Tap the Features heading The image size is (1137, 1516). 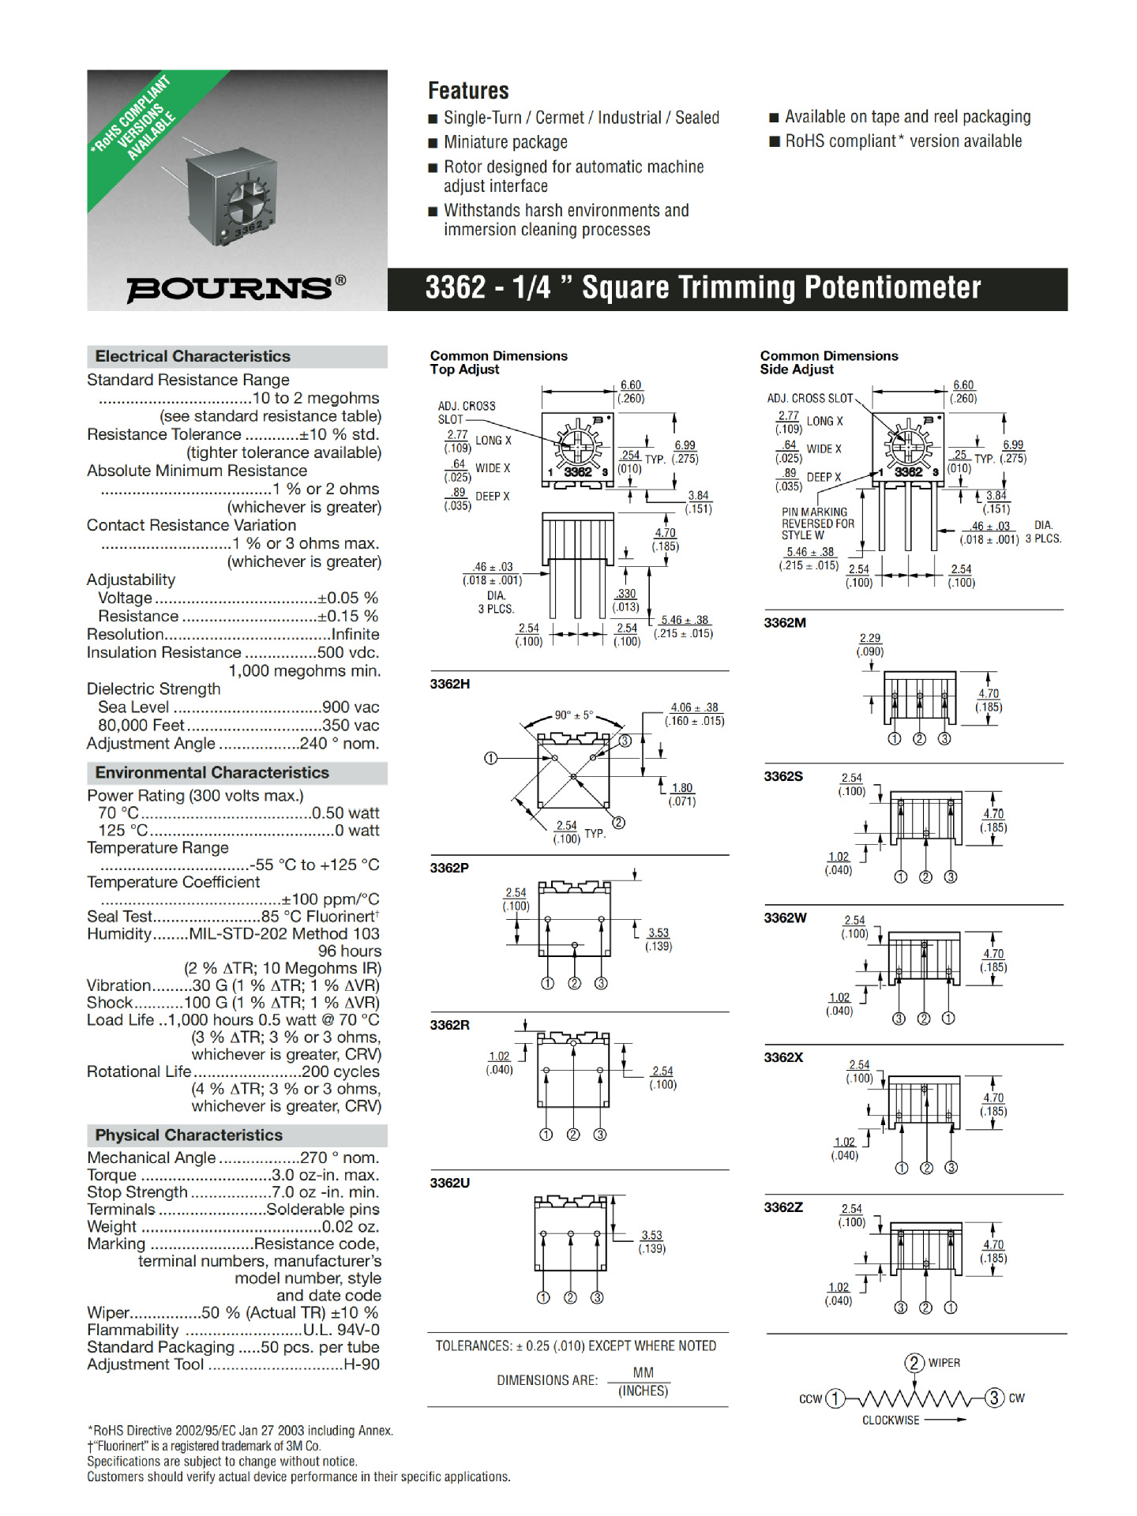click(468, 91)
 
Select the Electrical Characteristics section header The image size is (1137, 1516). click(193, 356)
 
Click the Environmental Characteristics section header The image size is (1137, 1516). click(212, 772)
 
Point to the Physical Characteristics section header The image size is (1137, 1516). click(189, 1135)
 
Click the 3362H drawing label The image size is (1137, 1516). click(450, 684)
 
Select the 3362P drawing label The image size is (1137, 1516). click(449, 868)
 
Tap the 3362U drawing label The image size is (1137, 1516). click(450, 1183)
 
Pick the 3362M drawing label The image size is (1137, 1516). click(785, 622)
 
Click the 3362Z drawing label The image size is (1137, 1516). click(783, 1207)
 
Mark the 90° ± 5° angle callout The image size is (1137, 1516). click(573, 715)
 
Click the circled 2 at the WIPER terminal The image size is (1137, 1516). click(914, 1363)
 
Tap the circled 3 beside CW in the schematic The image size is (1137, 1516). click(994, 1398)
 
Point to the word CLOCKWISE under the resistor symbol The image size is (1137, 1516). click(891, 1420)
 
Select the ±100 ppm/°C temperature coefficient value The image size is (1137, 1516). click(331, 899)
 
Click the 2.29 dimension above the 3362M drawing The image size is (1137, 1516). click(870, 638)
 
